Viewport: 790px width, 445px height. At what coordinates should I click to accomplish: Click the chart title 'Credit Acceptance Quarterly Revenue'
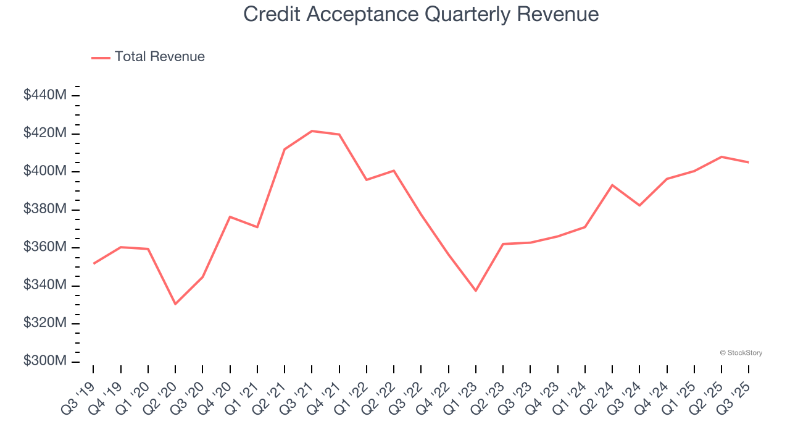click(421, 14)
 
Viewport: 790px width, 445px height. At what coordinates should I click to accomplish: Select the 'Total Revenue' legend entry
click(159, 57)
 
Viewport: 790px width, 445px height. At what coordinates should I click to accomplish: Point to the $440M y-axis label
click(45, 95)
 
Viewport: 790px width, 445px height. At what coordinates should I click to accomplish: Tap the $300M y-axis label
click(45, 361)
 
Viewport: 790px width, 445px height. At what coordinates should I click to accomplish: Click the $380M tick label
click(45, 210)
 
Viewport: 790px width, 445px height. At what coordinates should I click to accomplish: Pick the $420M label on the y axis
click(45, 133)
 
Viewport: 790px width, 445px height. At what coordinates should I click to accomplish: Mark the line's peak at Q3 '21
click(312, 131)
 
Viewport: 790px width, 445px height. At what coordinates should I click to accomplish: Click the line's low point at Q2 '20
click(175, 304)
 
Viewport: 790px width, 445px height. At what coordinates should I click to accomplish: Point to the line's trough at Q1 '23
click(475, 290)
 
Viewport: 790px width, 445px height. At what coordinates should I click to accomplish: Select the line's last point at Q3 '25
click(749, 163)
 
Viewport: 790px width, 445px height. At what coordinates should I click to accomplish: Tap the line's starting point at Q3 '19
click(93, 264)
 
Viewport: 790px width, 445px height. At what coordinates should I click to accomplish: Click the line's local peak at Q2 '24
click(612, 185)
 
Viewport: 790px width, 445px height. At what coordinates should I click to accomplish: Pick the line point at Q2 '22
click(394, 171)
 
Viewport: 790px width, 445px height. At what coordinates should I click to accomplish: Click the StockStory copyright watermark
click(741, 353)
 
